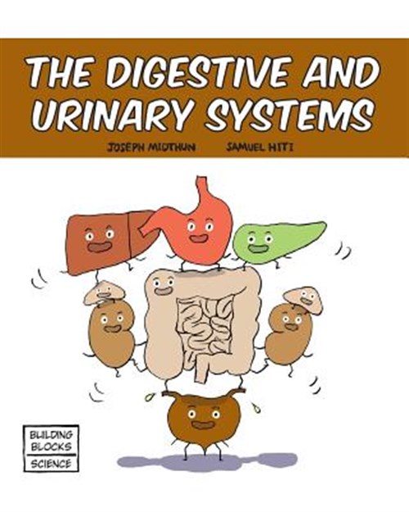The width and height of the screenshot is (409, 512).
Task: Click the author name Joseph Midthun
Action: tap(151, 147)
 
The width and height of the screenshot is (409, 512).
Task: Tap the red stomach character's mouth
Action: tap(199, 238)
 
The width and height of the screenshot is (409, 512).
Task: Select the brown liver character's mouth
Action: tap(98, 247)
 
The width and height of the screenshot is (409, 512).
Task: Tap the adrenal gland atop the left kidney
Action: tap(104, 292)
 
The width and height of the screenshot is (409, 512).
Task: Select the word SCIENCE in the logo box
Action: tap(51, 464)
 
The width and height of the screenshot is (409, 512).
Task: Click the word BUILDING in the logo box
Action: tap(51, 435)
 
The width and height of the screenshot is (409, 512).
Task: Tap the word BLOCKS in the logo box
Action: tap(51, 446)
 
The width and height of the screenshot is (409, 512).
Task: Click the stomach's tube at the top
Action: tap(201, 187)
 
